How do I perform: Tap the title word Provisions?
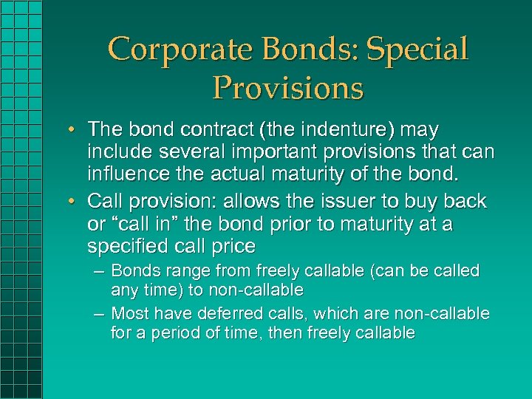pos(288,88)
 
